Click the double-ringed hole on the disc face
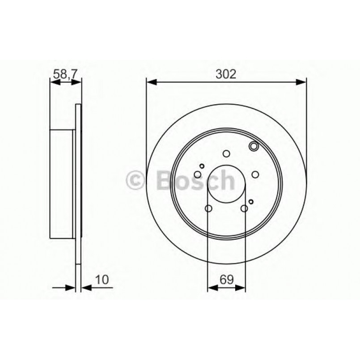point(254,146)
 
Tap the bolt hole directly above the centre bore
point(226,154)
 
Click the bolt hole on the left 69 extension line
point(208,208)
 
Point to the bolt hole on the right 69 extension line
point(244,208)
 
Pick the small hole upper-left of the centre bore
point(202,166)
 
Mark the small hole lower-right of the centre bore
point(251,202)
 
